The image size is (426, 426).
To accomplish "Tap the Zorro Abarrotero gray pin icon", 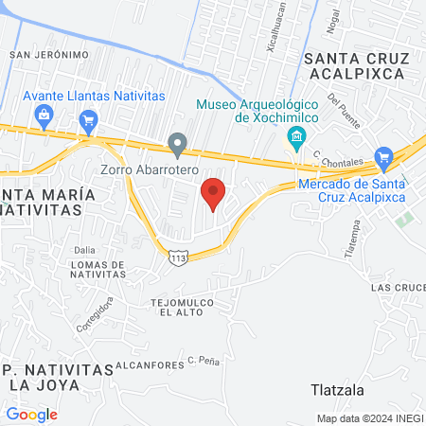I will [177, 145].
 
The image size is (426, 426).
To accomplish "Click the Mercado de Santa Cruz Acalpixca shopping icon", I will [383, 157].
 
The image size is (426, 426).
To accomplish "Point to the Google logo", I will [31, 414].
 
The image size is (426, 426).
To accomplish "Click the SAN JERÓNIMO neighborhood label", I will [48, 55].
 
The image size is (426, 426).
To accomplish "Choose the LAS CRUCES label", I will [397, 286].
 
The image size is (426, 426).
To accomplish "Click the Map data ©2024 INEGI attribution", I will [369, 418].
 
